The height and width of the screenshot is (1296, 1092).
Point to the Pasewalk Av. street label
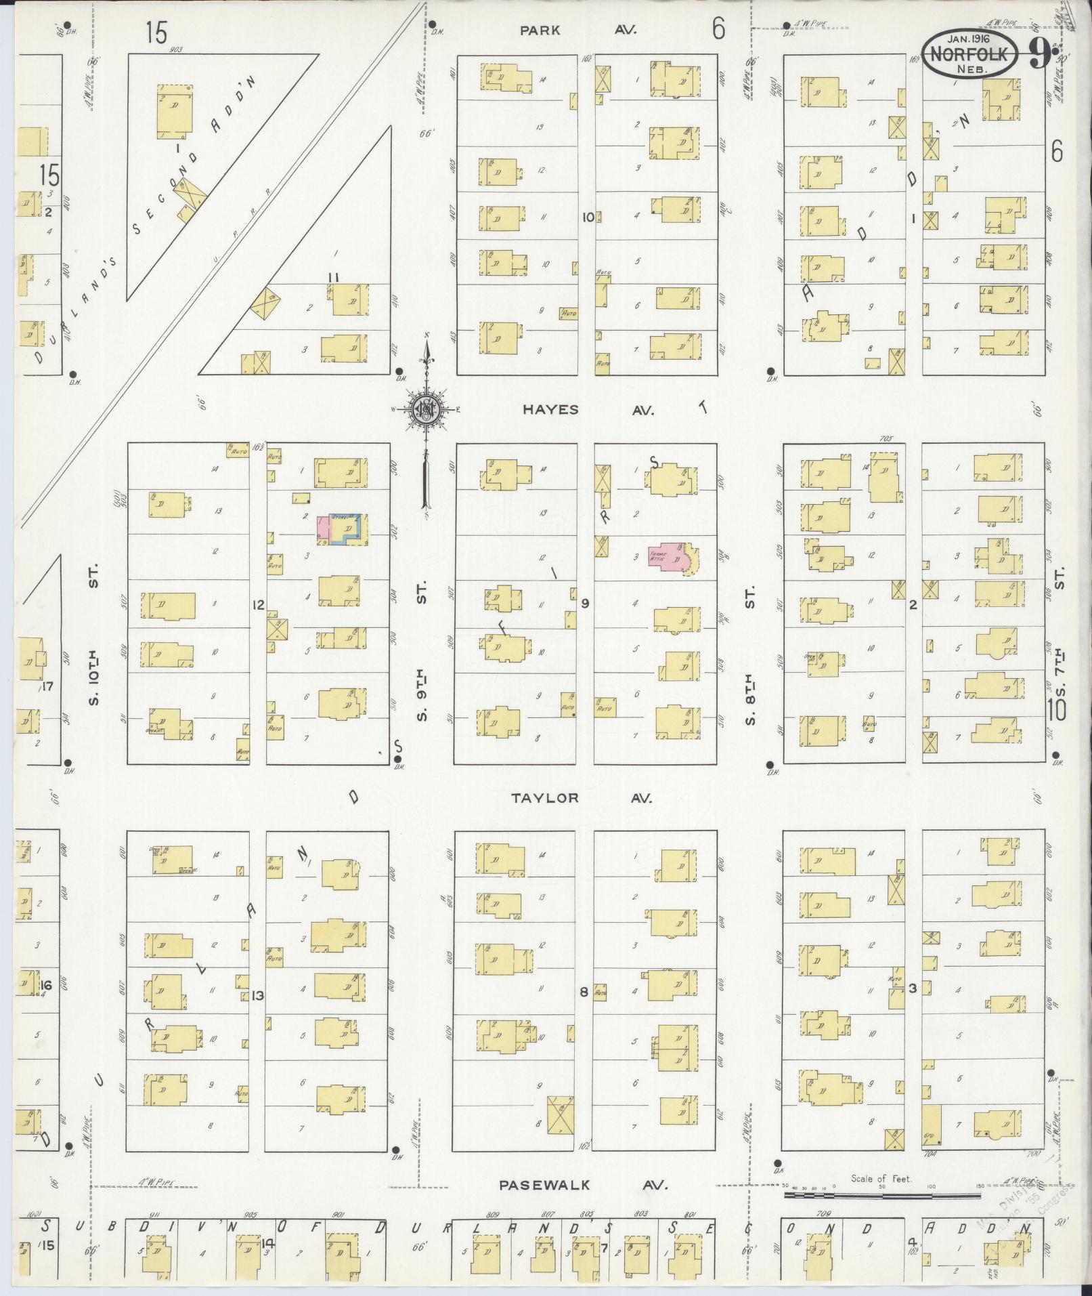583,1185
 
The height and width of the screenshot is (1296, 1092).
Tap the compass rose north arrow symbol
427,409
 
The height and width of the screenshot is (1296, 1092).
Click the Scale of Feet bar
880,1195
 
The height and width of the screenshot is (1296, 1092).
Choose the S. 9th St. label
421,650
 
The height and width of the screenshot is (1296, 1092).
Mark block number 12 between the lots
257,605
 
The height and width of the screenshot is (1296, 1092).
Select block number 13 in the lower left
257,995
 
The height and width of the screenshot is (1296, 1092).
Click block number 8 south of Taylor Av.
584,992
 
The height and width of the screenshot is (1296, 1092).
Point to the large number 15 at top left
156,32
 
